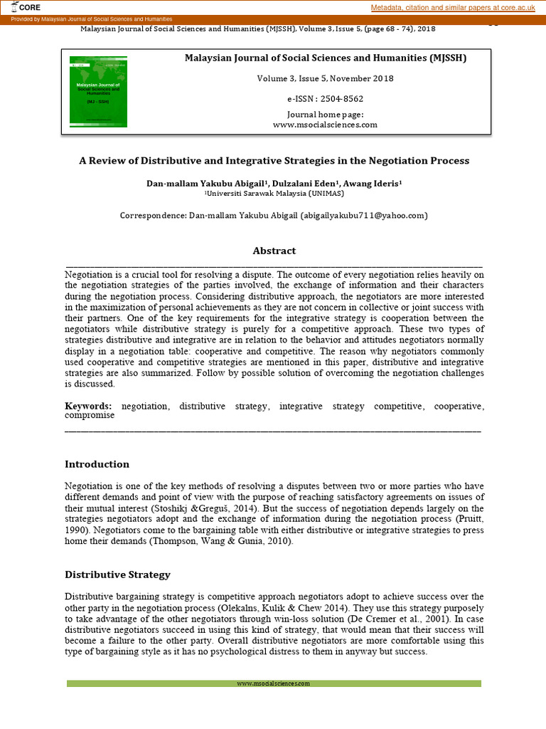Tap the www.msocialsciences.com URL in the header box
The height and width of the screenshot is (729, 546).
pyautogui.click(x=325, y=125)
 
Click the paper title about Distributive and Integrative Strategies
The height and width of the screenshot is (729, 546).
pyautogui.click(x=274, y=161)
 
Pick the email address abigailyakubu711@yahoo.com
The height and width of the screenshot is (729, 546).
pyautogui.click(x=364, y=215)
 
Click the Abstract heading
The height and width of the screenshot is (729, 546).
pyautogui.click(x=274, y=251)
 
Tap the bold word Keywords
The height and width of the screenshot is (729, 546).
pyautogui.click(x=89, y=406)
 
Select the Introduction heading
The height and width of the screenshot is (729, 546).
pyautogui.click(x=97, y=464)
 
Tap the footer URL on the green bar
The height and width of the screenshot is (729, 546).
pyautogui.click(x=274, y=683)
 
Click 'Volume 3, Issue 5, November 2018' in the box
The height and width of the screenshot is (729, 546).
pyautogui.click(x=325, y=78)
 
